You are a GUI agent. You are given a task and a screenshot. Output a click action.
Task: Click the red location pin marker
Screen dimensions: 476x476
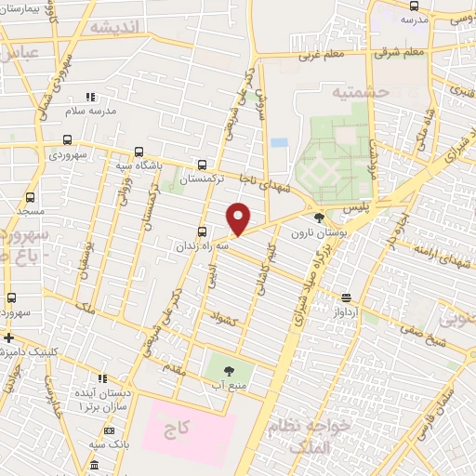[x=239, y=218]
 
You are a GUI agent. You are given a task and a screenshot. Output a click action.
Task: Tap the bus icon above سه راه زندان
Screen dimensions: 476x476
[x=202, y=232]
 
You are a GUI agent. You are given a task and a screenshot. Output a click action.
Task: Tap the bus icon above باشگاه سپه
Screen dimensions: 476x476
[x=139, y=152]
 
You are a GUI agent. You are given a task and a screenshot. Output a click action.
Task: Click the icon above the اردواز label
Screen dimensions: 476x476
[x=346, y=298]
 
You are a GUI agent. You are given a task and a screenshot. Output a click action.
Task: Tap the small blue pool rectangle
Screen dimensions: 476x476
[x=280, y=143]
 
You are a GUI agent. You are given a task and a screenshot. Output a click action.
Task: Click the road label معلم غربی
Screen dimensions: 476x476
[x=321, y=54]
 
